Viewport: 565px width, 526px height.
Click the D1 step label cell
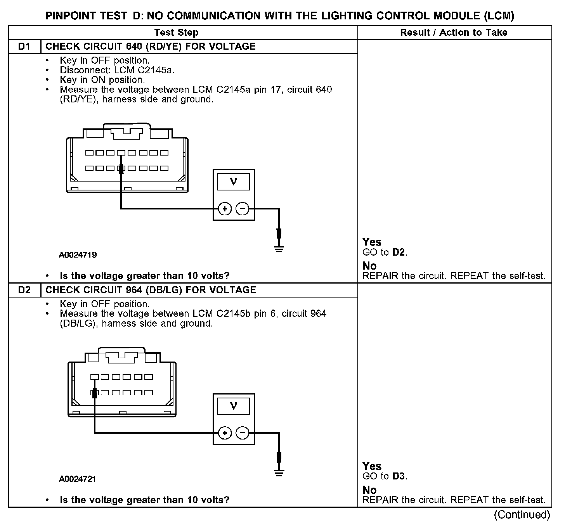24,47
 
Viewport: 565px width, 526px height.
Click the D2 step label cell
24,290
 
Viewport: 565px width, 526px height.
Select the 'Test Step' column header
176,33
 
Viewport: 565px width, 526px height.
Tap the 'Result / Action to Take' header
454,33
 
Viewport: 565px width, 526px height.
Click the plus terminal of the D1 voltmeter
225,209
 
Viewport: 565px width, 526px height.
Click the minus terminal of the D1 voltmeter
243,209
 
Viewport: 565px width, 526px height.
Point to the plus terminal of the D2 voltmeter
225,433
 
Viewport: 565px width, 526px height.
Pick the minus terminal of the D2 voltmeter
243,433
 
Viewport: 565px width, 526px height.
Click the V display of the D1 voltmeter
234,182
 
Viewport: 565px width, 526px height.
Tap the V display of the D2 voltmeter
234,406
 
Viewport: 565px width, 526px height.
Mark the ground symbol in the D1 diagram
279,248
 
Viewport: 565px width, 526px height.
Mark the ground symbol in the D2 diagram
279,472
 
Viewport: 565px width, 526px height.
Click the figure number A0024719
78,255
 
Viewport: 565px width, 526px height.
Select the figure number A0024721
78,479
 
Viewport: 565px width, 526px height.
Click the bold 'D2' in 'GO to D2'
399,253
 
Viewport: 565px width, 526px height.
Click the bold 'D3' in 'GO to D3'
399,476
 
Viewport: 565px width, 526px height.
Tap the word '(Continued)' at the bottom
522,515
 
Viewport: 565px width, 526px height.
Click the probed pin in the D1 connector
121,168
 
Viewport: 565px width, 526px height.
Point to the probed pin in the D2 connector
94,393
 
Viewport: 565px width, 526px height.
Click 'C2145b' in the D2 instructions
233,313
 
